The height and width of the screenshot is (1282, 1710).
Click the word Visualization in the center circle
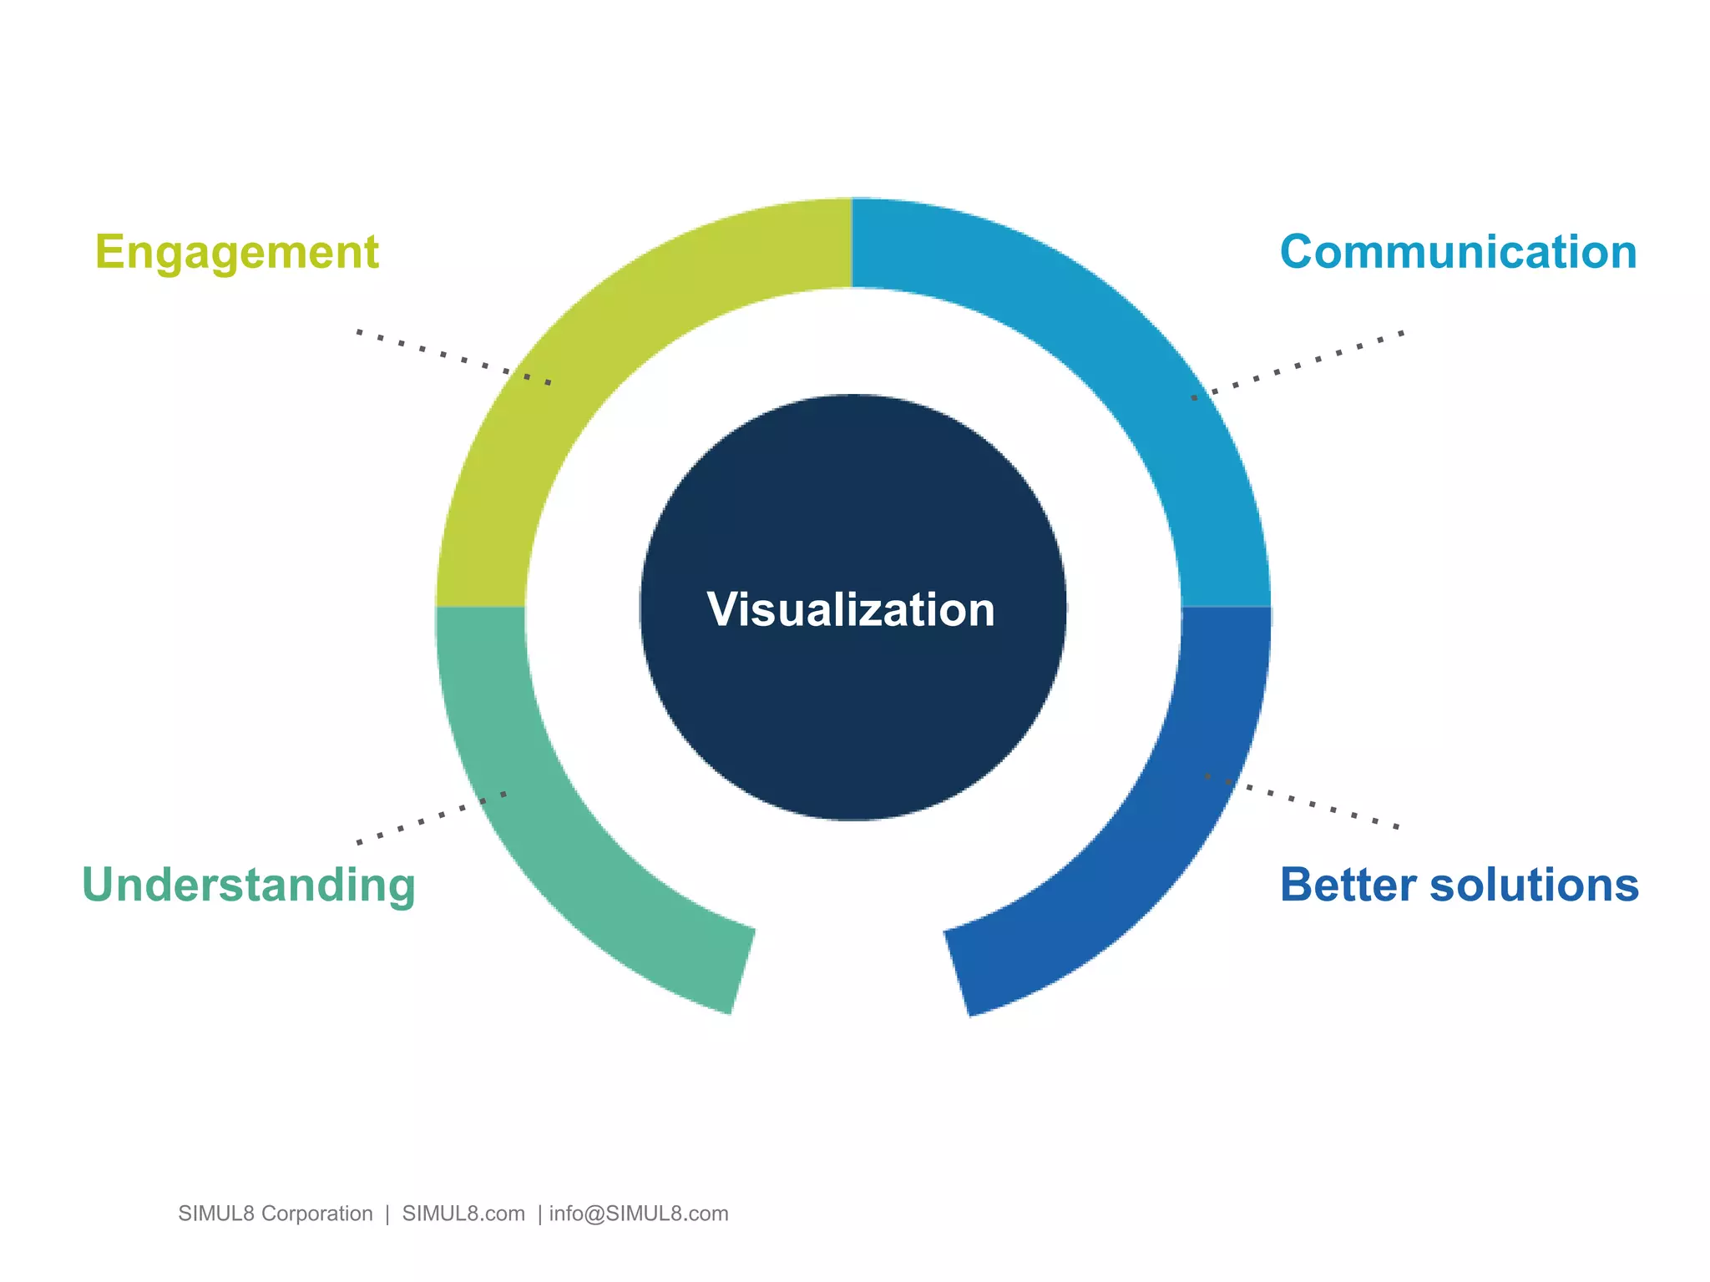tap(851, 609)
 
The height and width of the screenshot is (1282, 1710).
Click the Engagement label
tap(236, 252)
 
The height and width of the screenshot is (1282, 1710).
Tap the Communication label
tap(1458, 252)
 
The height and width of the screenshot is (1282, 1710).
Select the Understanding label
tap(248, 886)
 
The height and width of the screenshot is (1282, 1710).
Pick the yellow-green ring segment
tap(584, 376)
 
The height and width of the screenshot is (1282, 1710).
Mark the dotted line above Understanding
tap(431, 818)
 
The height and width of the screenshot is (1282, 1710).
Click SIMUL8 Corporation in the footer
tap(275, 1214)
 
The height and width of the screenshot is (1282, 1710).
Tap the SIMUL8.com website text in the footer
tap(463, 1214)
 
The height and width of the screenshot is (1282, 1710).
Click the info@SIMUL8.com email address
tap(639, 1214)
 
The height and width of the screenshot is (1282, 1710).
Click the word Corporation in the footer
tap(316, 1214)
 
